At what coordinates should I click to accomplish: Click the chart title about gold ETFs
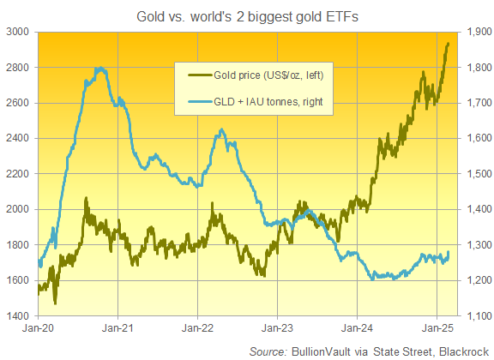point(246,15)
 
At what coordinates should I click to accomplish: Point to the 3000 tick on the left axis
point(17,32)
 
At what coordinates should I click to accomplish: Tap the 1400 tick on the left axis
point(17,316)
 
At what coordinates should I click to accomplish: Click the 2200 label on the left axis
point(17,174)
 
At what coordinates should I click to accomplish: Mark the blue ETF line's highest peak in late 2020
point(101,68)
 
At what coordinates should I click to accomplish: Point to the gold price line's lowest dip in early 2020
point(56,303)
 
